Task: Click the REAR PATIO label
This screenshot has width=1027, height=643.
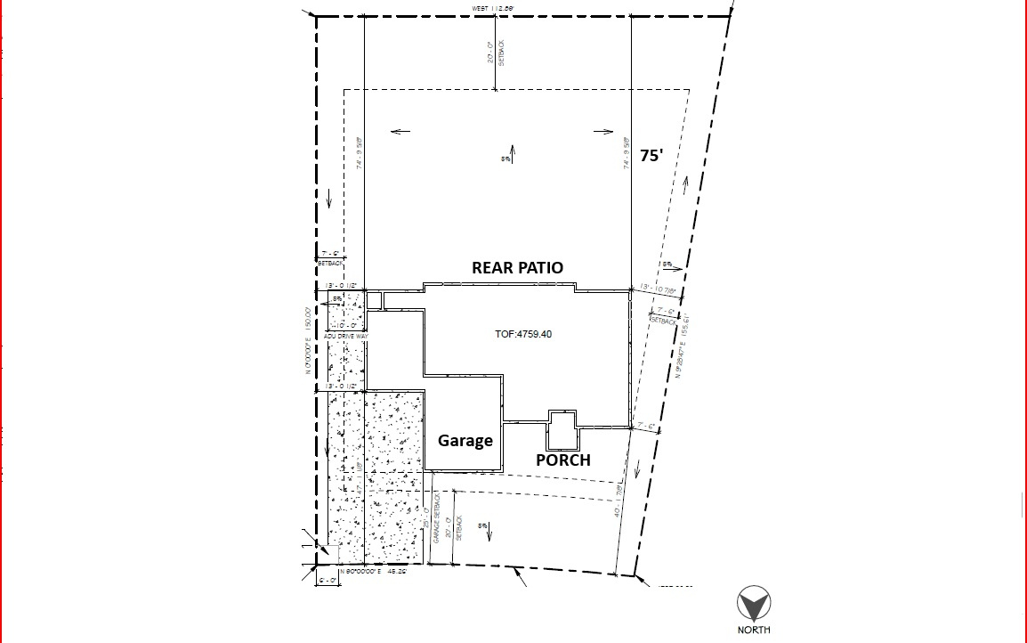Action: click(517, 267)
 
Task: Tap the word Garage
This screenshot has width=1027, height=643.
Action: click(465, 440)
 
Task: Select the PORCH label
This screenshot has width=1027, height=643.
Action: click(562, 460)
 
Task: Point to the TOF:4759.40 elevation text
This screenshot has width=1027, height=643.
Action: click(523, 334)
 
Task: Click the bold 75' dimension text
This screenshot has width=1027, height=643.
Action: click(651, 156)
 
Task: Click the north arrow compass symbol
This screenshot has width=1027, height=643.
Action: click(754, 605)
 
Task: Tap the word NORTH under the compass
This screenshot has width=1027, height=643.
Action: click(754, 631)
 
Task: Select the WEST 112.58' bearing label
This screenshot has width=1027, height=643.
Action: click(494, 9)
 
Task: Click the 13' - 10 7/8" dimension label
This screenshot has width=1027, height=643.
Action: click(659, 289)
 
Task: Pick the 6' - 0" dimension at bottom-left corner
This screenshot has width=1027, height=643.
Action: click(328, 580)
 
